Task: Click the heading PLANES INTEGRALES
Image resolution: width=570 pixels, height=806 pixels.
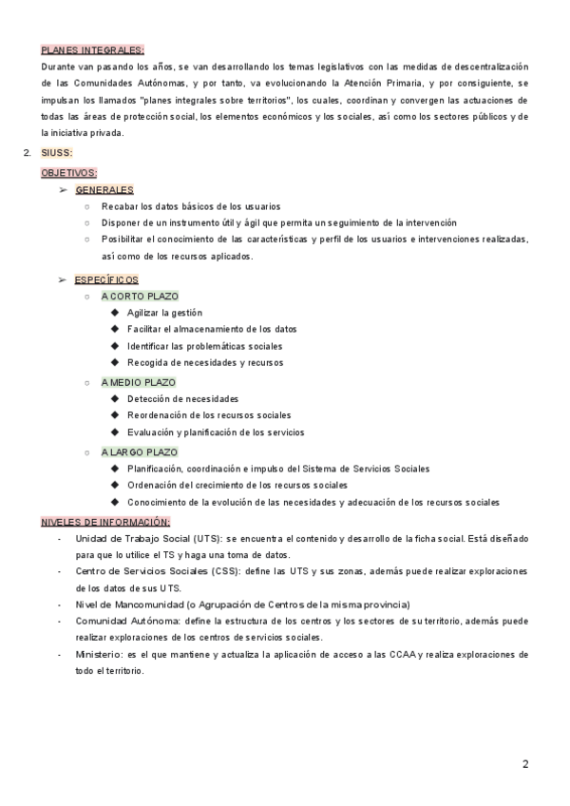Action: [x=92, y=49]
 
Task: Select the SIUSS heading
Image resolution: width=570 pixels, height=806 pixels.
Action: [x=57, y=153]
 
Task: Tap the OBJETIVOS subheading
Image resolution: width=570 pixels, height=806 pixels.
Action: [x=68, y=173]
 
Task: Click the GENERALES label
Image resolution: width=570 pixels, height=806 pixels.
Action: [x=104, y=190]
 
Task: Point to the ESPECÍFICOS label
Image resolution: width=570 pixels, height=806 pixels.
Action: [x=106, y=279]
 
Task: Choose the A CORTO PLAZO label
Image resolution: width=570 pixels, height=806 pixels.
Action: [x=140, y=297]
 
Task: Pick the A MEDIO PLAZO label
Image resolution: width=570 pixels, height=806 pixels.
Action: [x=139, y=382]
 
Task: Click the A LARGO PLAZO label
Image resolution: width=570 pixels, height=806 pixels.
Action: [x=140, y=452]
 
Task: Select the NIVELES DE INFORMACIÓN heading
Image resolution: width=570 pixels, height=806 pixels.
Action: [x=105, y=522]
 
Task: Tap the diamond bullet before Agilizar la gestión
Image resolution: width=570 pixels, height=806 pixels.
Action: [x=115, y=313]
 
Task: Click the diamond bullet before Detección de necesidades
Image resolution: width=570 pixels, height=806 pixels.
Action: [x=115, y=398]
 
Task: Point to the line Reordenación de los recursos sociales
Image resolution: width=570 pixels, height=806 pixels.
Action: [x=209, y=415]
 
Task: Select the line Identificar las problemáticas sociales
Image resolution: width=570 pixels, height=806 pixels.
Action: [x=204, y=346]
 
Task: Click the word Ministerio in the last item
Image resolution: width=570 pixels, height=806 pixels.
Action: [x=96, y=655]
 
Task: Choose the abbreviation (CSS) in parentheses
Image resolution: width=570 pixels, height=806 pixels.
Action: [x=186, y=571]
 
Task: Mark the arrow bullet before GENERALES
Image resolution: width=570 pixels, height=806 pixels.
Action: [x=63, y=190]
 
